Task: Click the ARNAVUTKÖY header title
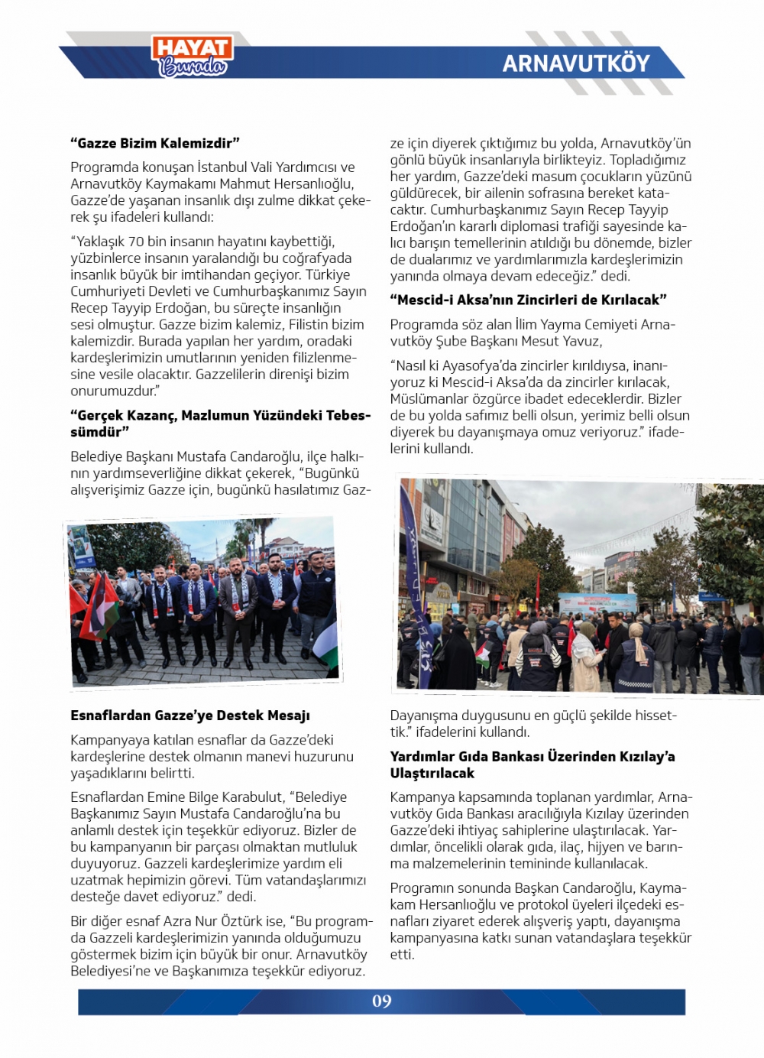pos(576,63)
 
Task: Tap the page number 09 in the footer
pos(381,1001)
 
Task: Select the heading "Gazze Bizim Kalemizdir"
pos(155,143)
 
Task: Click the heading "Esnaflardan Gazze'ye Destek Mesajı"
pos(190,716)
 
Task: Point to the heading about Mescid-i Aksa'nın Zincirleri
pos(528,300)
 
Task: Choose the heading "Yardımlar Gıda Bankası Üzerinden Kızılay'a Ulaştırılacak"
pos(532,764)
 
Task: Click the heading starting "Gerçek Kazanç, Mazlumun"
pos(220,424)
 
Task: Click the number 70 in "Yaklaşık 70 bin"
pos(136,242)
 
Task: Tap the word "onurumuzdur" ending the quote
pos(113,391)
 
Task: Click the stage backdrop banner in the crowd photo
pos(597,603)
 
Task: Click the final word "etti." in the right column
pos(402,955)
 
